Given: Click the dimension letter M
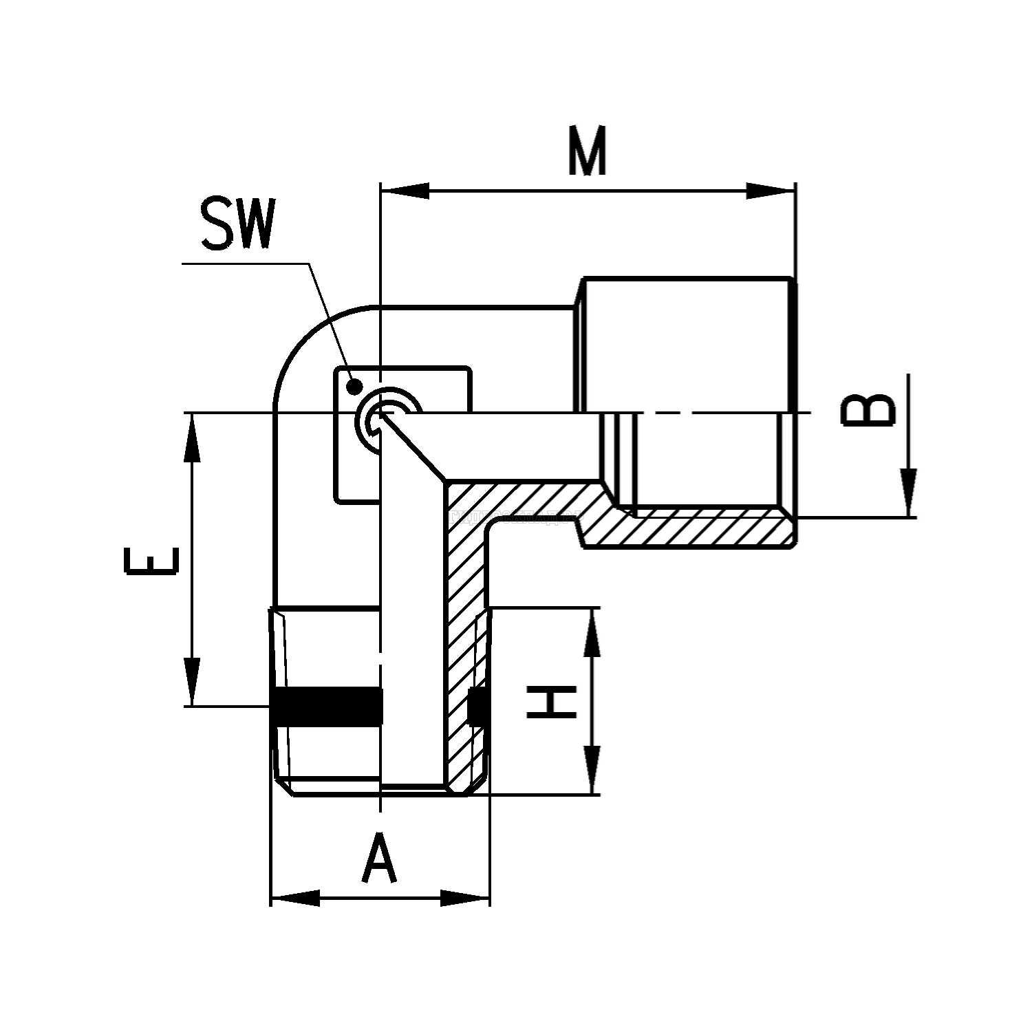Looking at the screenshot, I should [x=588, y=152].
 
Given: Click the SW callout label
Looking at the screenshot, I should [x=237, y=224].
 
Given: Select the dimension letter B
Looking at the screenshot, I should [x=870, y=411].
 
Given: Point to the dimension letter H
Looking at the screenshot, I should [x=551, y=702].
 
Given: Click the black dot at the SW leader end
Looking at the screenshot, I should [x=354, y=386].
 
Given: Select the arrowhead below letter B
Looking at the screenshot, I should [x=910, y=491].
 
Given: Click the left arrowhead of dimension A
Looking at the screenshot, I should [x=296, y=898].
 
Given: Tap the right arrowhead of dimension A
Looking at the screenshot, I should [x=465, y=898].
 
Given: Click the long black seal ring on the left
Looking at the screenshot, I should [x=327, y=706].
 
